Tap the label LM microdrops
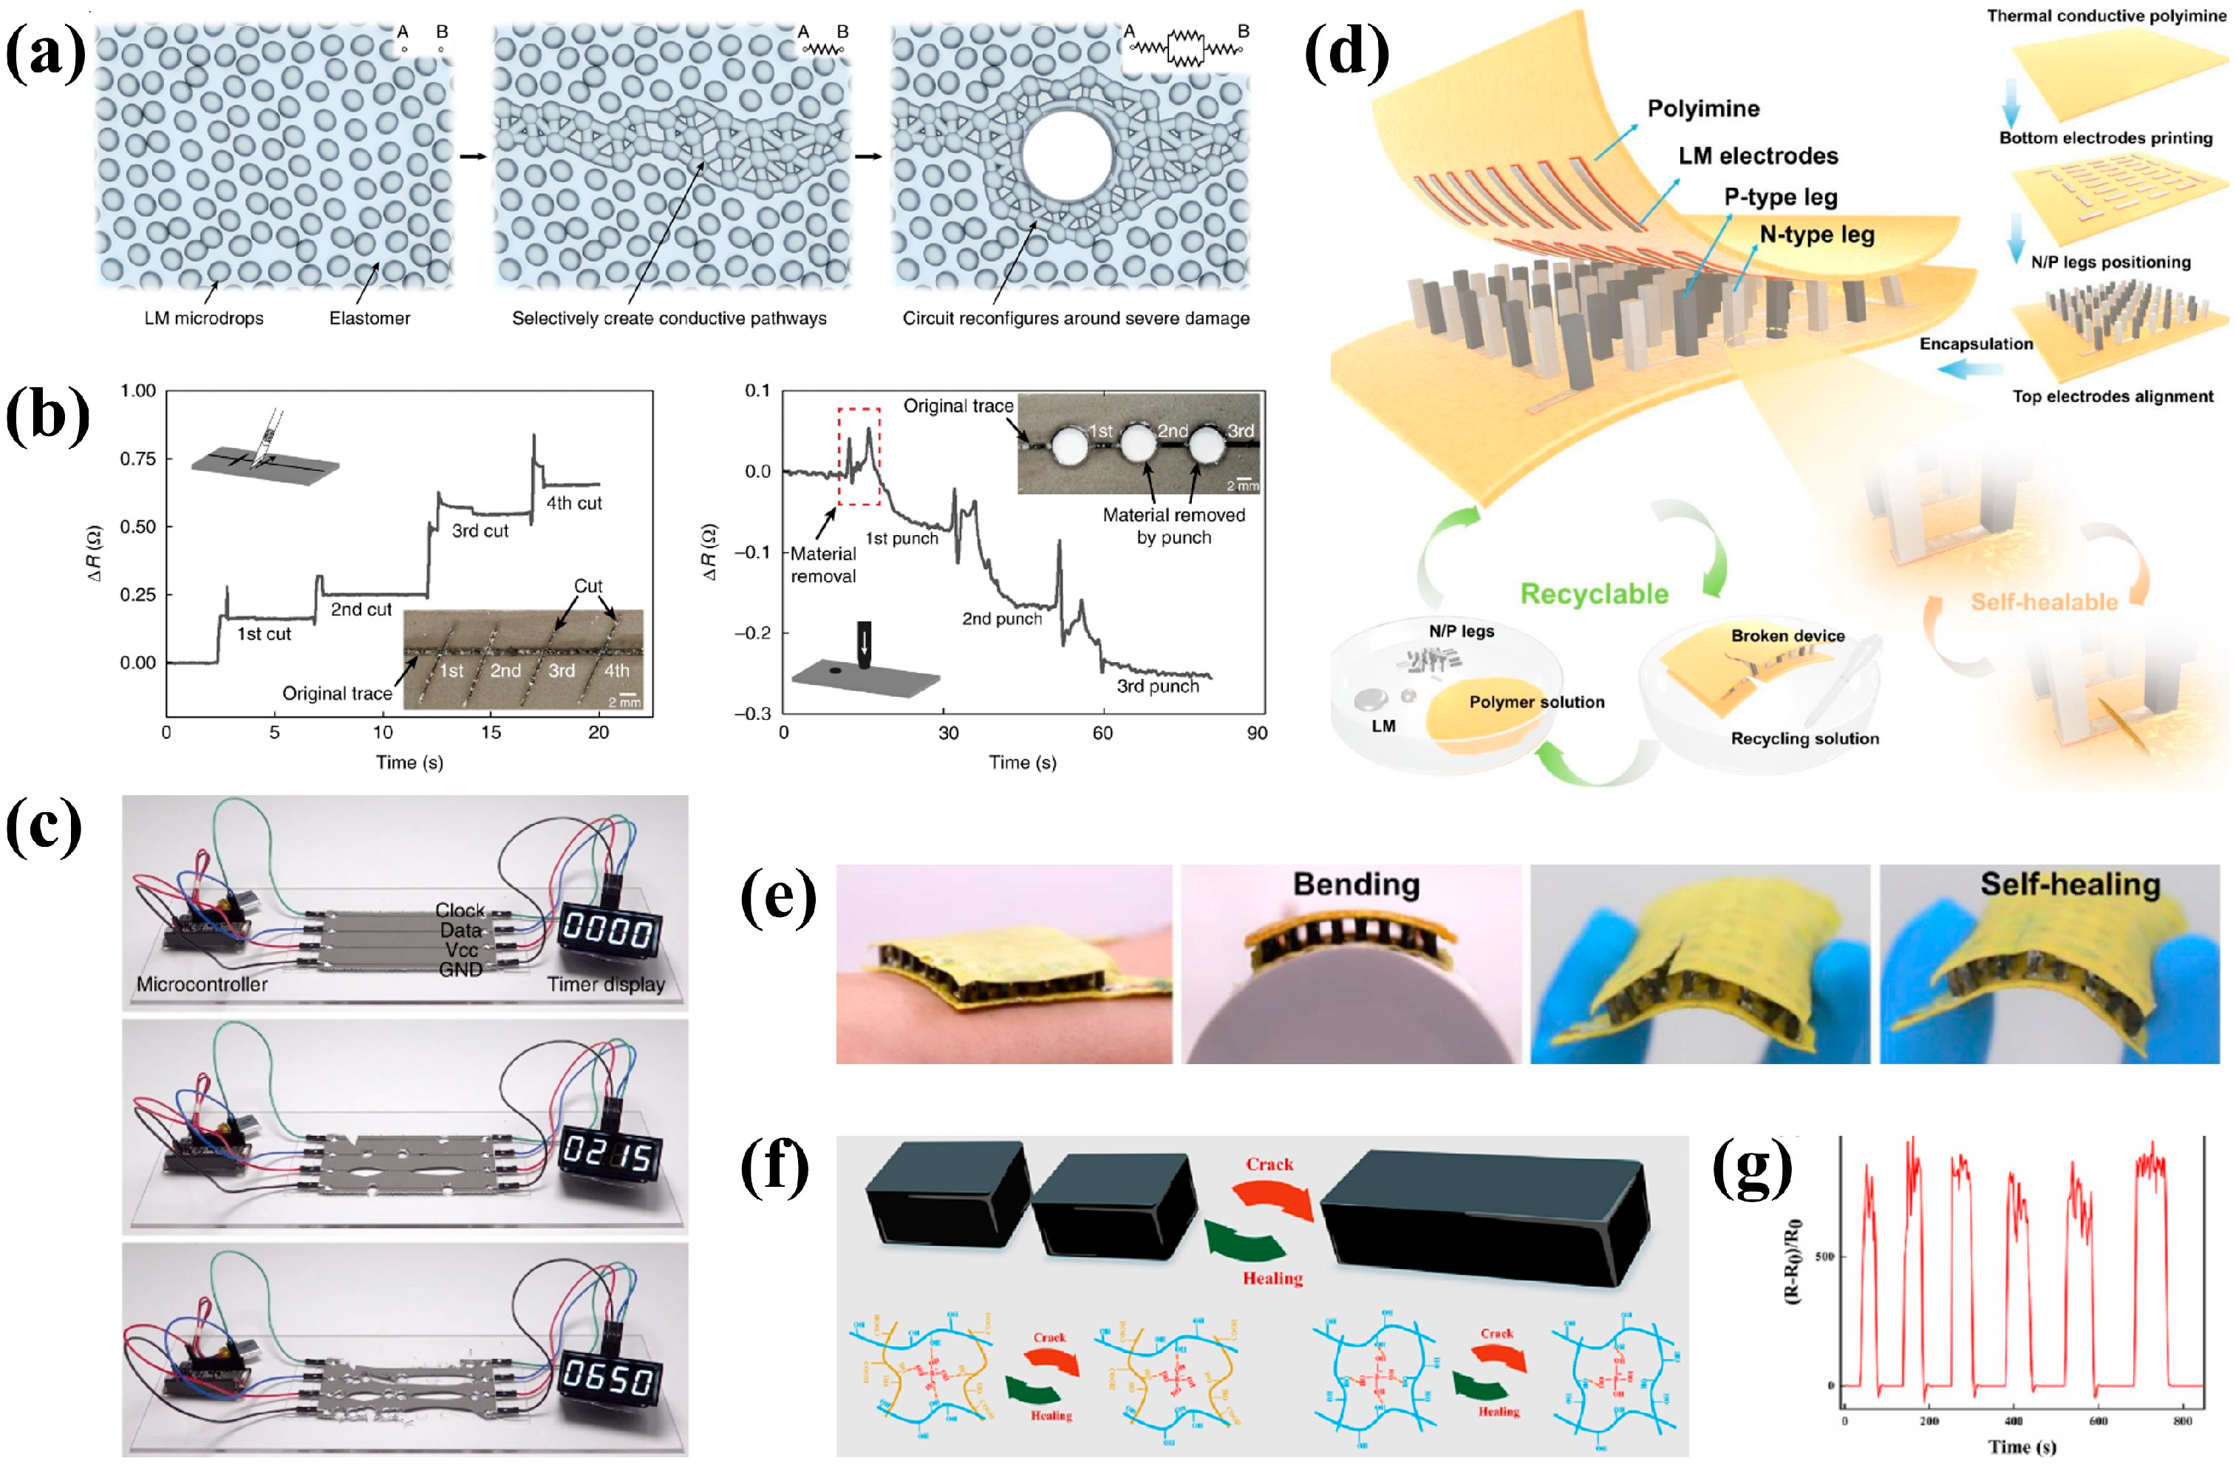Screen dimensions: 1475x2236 (x=203, y=318)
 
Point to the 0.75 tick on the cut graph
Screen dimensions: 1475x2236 (x=138, y=458)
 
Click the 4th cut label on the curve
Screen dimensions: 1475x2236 (x=574, y=503)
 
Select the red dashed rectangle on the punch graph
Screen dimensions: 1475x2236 (x=859, y=456)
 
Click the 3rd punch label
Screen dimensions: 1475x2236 (x=1157, y=686)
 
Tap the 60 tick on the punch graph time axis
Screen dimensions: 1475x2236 (x=1102, y=733)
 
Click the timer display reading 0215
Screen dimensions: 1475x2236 (x=607, y=1154)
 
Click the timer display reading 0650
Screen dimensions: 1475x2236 (x=607, y=1378)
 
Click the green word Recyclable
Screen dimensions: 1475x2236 (x=1595, y=593)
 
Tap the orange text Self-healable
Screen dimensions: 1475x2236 (x=2044, y=602)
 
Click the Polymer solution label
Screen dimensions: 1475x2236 (x=1536, y=702)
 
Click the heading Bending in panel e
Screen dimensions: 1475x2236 (x=1355, y=885)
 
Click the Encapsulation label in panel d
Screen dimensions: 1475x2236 (x=1975, y=344)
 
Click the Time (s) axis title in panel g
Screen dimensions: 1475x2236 (x=2022, y=1447)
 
